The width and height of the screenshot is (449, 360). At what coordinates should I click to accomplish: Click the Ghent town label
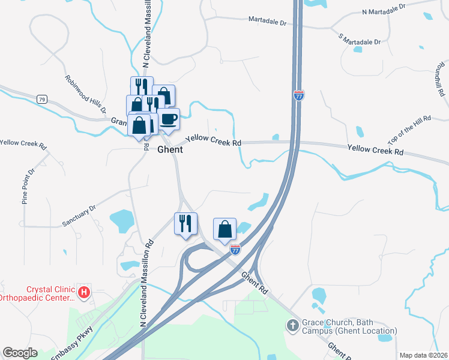click(170, 150)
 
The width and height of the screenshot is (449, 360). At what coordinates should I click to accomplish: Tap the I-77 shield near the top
click(299, 95)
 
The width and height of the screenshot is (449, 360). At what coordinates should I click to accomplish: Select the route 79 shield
click(41, 99)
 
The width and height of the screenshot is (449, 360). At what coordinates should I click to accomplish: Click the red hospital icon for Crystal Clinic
click(85, 292)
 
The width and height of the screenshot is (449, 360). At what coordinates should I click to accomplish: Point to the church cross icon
click(292, 326)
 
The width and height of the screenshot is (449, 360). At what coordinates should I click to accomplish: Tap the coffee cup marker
click(169, 118)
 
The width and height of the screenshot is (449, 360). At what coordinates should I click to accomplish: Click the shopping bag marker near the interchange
click(224, 229)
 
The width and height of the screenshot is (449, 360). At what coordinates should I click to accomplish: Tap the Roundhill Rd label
click(441, 79)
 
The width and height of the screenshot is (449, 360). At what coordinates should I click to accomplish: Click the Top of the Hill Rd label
click(409, 130)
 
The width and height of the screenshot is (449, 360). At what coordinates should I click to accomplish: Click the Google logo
click(20, 353)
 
